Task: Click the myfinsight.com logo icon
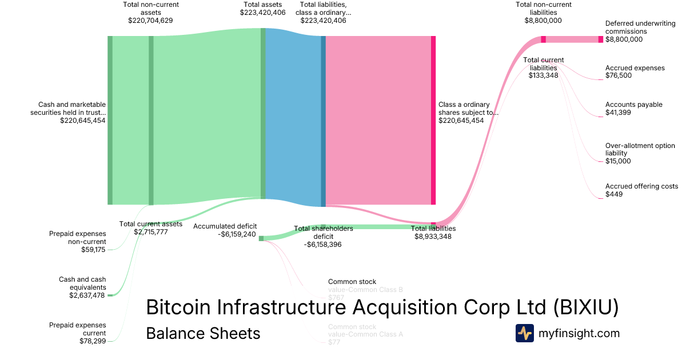coord(525,333)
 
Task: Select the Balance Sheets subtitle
coord(203,333)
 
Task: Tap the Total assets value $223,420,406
coord(263,13)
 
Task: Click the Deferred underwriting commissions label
coord(634,27)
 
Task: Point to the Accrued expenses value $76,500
coord(619,75)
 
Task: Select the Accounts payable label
coord(634,105)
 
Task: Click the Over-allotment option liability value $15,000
coord(618,161)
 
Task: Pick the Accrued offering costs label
coord(641,186)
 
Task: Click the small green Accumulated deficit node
coord(261,238)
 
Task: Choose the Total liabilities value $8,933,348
coord(433,236)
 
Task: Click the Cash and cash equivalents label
coord(82,283)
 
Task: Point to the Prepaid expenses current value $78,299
coord(93,341)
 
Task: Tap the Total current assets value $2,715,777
coord(151,232)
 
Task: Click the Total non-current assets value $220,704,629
coord(151,20)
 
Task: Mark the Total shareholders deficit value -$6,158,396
coord(323,244)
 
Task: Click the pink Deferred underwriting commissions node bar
coord(600,39)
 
